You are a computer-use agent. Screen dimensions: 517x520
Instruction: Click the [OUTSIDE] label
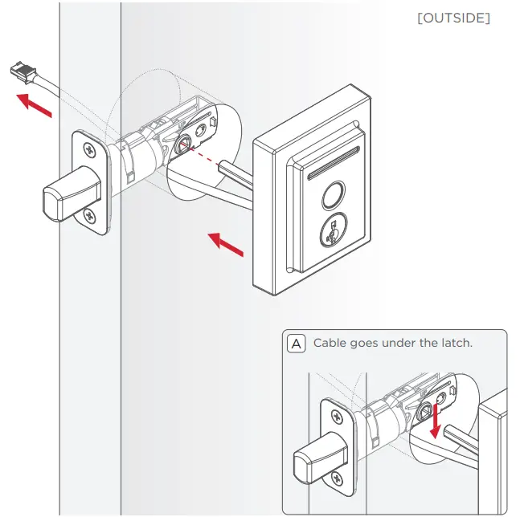[453, 18]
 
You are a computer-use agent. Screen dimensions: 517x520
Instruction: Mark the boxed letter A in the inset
[296, 344]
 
